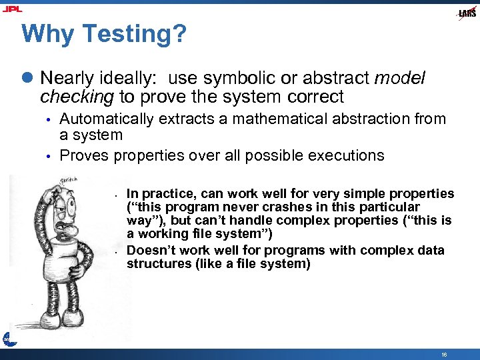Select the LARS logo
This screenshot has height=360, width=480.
coord(467,13)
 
